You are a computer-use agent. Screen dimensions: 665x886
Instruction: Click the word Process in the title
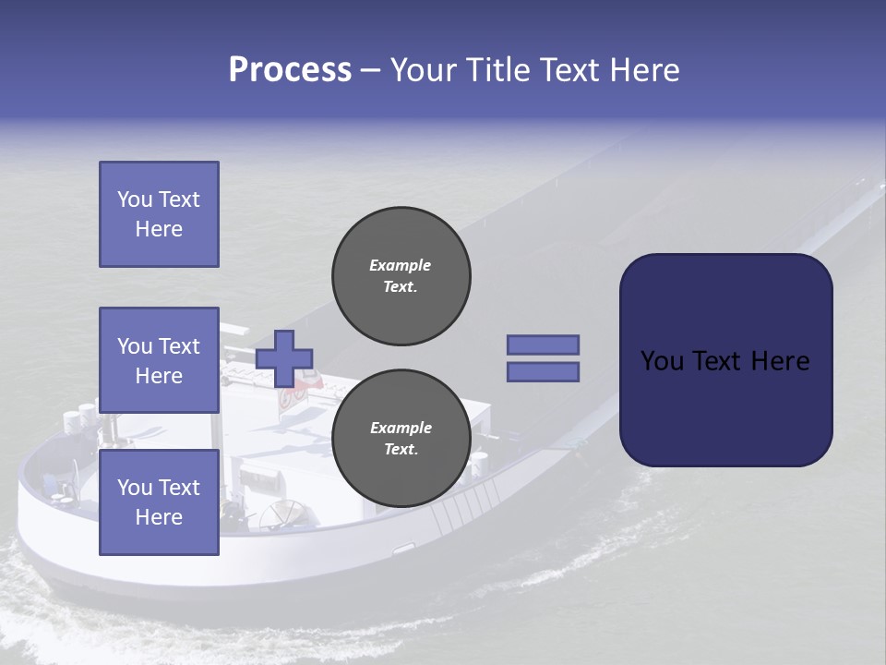[x=290, y=70]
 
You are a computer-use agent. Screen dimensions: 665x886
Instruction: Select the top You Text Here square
[x=159, y=214]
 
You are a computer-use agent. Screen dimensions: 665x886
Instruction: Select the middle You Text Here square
[x=159, y=360]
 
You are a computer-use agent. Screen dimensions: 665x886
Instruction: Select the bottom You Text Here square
[x=159, y=502]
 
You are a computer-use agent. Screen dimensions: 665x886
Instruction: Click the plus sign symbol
[x=284, y=358]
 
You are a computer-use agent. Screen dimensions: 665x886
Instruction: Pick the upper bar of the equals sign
[x=543, y=345]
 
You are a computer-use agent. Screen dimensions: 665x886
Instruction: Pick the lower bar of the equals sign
[x=543, y=371]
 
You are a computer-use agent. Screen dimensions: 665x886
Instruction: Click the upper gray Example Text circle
[x=401, y=276]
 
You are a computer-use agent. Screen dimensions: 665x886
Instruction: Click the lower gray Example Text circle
[x=401, y=439]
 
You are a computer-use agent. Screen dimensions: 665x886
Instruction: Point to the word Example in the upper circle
[x=401, y=265]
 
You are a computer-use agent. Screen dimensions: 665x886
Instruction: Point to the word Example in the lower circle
[x=401, y=428]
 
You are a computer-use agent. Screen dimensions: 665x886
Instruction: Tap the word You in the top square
[x=135, y=199]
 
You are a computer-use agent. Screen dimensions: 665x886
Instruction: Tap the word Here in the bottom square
[x=159, y=517]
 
